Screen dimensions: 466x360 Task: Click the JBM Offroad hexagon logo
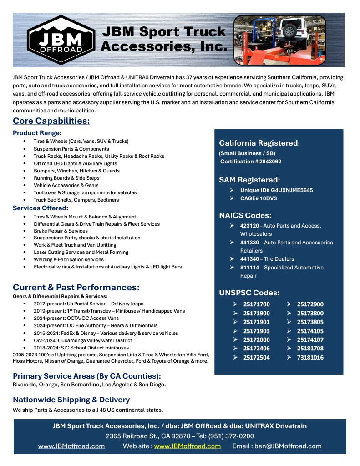61,41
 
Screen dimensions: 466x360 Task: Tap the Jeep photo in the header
279,40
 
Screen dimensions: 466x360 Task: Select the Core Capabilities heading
51,121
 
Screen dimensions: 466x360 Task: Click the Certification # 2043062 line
251,162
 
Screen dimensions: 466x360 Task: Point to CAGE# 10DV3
259,198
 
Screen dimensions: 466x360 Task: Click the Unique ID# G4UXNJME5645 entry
276,190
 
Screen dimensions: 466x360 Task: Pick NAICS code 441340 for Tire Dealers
249,259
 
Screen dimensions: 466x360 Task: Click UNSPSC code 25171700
256,304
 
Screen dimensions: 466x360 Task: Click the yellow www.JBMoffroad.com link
187,446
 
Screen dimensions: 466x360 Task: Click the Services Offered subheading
40,208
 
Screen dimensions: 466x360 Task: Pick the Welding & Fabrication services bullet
69,259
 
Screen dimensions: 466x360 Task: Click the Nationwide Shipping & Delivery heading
71,400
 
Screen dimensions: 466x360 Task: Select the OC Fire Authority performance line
96,326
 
